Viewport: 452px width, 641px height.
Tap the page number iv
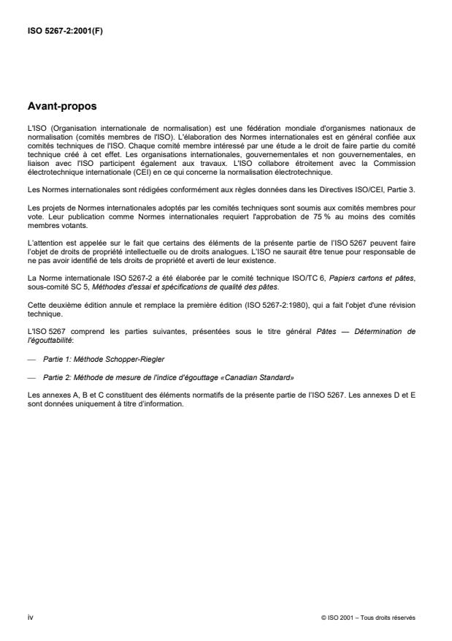pyautogui.click(x=30, y=617)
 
